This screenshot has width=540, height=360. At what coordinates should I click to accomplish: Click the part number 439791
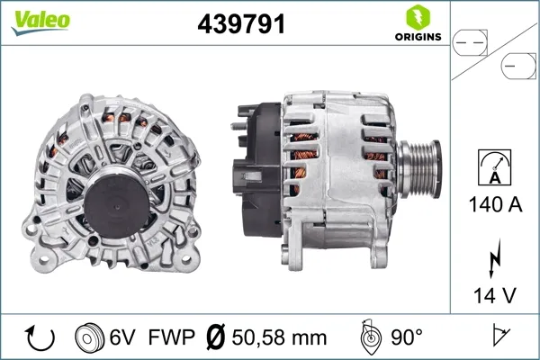pos(241,25)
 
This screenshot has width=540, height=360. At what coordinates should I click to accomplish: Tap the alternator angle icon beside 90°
pos(370,338)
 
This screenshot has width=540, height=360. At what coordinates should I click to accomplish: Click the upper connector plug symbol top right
pos(471,40)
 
